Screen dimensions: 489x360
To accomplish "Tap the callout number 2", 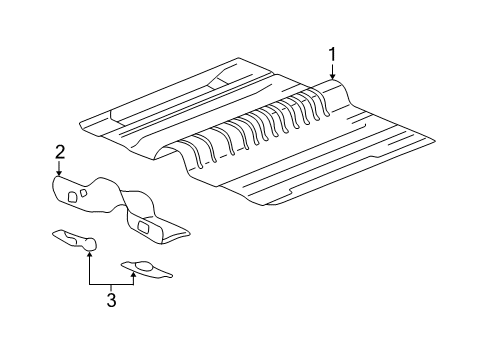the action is click(x=60, y=151).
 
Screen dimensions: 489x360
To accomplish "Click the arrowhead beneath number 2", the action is click(x=60, y=174).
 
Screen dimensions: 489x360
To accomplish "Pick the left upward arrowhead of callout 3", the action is click(x=90, y=254).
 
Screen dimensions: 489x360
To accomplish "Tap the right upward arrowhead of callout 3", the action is click(x=135, y=273).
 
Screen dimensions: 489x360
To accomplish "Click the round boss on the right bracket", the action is click(x=139, y=265).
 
